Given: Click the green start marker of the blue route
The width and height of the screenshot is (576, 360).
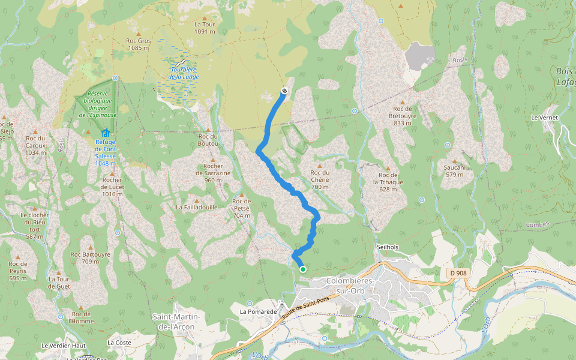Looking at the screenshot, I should pyautogui.click(x=303, y=269).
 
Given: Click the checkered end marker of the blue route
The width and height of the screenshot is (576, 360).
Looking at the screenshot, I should pyautogui.click(x=284, y=91).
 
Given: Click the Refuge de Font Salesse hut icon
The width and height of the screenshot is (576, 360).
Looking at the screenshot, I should pyautogui.click(x=106, y=132).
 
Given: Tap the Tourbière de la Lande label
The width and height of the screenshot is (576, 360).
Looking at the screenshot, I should pyautogui.click(x=183, y=73).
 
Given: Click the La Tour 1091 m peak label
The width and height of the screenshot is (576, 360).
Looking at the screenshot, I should pyautogui.click(x=205, y=28).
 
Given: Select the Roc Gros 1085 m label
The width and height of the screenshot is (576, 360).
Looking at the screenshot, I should pyautogui.click(x=139, y=44).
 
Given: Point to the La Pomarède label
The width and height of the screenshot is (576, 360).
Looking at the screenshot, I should pyautogui.click(x=257, y=311).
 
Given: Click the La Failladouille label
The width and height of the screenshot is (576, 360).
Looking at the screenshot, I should pyautogui.click(x=197, y=206).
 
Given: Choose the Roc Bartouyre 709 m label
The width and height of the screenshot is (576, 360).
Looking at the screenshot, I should pyautogui.click(x=91, y=257).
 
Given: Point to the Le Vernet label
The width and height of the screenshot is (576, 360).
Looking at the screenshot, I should pyautogui.click(x=544, y=118).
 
